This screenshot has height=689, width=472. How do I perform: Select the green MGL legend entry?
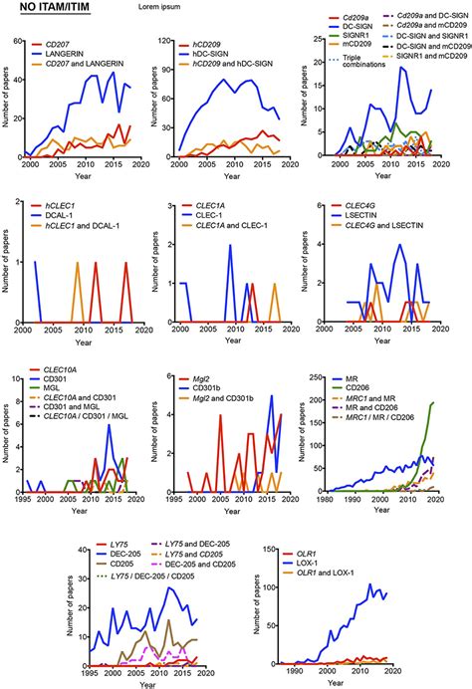pos(52,395)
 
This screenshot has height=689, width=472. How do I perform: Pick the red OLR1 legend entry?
pos(306,549)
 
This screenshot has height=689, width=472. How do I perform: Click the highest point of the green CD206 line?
pos(460,402)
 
